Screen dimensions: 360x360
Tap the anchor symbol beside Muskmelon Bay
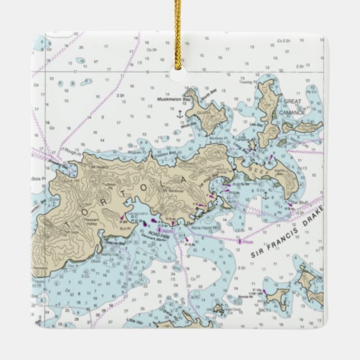pyautogui.click(x=179, y=114)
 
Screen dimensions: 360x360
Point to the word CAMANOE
pyautogui.click(x=293, y=109)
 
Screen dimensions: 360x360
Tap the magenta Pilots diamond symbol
pyautogui.click(x=240, y=241)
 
